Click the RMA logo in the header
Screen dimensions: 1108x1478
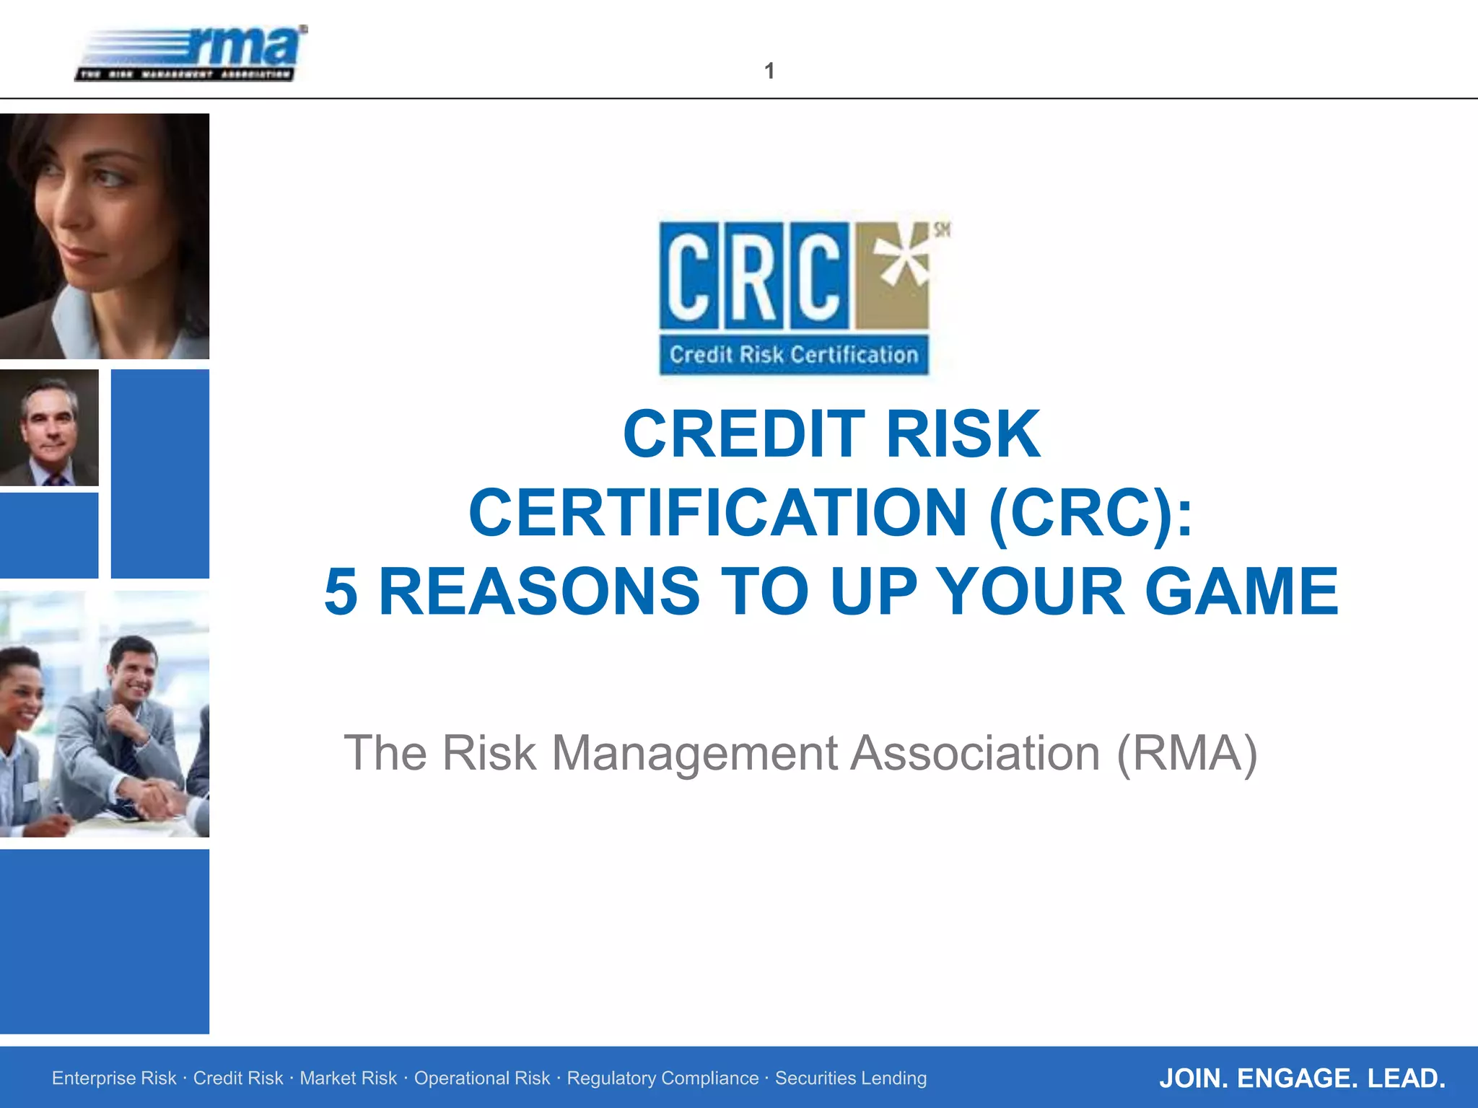point(191,54)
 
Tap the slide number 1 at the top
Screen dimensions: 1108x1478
point(769,71)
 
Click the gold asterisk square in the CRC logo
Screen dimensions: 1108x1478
point(893,275)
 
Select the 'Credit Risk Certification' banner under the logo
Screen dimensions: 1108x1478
point(794,355)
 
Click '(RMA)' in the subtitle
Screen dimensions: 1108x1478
point(1186,753)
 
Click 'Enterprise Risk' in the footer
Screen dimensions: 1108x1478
point(114,1078)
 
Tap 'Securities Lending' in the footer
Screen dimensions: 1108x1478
point(851,1078)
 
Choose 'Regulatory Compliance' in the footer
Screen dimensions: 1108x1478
point(663,1078)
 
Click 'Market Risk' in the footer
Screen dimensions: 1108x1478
point(348,1078)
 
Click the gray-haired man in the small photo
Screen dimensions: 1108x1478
point(49,426)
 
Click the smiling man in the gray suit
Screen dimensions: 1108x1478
point(134,678)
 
